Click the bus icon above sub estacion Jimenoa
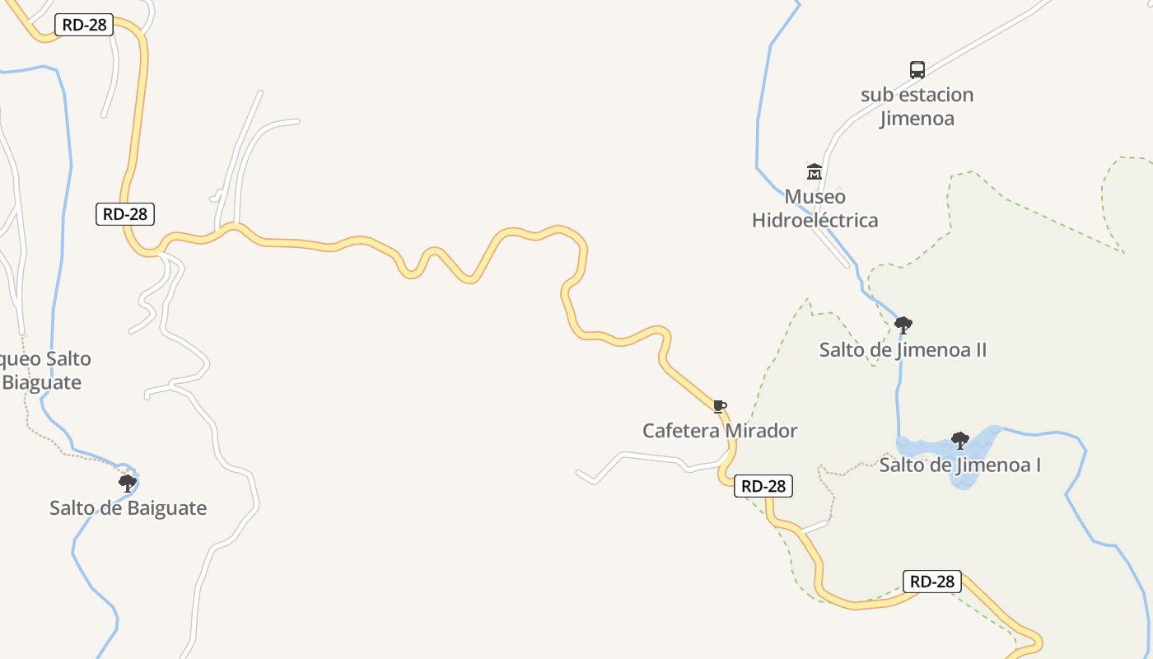pos(917,70)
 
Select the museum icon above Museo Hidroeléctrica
pos(815,171)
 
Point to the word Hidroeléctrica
pos(815,220)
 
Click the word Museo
pos(815,197)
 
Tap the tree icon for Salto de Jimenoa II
pos(903,325)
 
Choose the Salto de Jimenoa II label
pos(903,350)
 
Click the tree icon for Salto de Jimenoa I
pos(959,440)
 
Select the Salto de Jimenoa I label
pos(959,465)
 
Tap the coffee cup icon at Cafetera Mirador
pos(719,405)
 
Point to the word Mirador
pos(761,431)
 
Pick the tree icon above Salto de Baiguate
pos(127,483)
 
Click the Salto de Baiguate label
pos(128,508)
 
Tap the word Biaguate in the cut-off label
pos(42,382)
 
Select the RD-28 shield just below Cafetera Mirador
pos(763,486)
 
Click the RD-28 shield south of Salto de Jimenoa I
pos(932,582)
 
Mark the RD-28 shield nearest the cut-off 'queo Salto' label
pos(125,214)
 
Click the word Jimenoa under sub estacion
pos(917,118)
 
